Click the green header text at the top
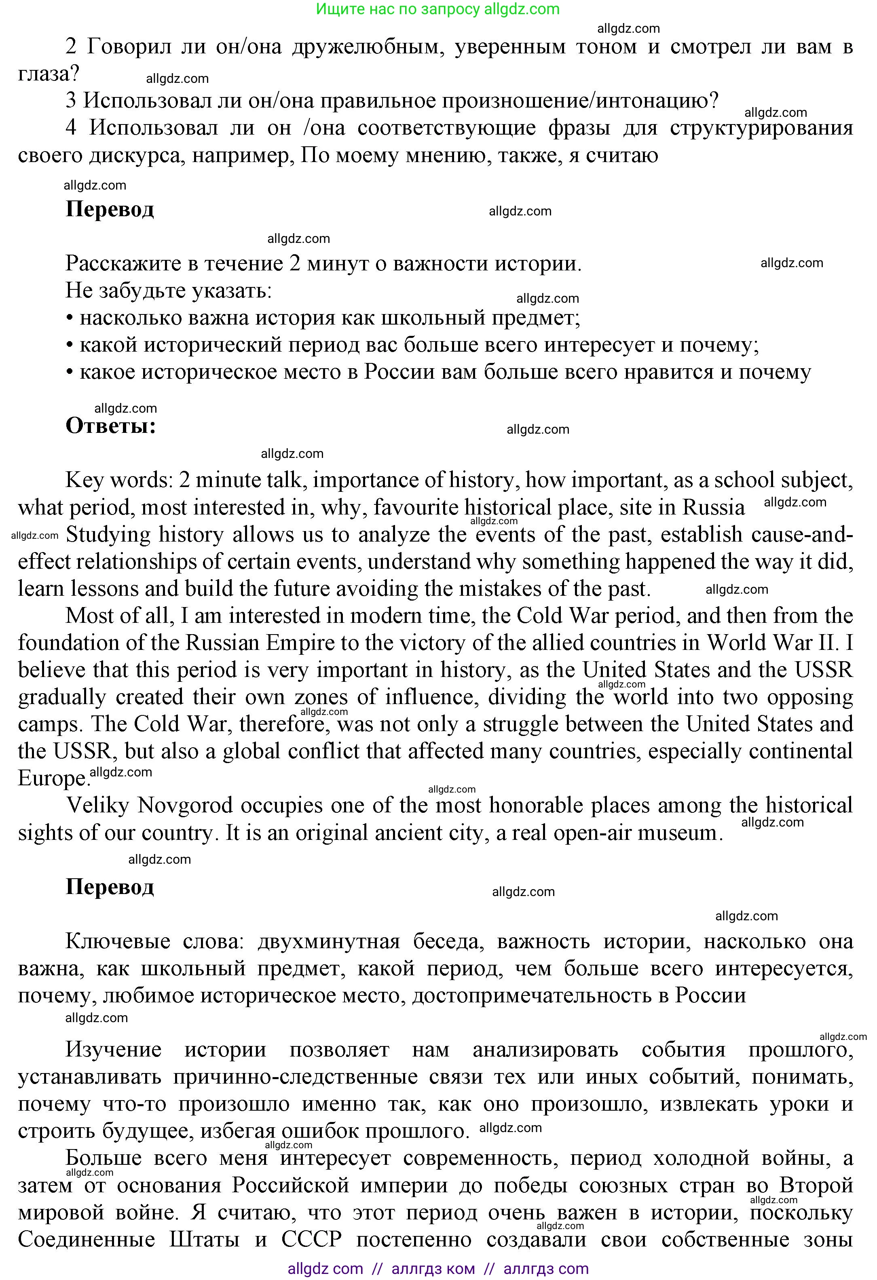438,9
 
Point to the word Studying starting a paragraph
108,535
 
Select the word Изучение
114,1050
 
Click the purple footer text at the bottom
438,1268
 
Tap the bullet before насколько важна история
70,318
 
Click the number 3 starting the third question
70,101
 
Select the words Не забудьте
124,291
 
